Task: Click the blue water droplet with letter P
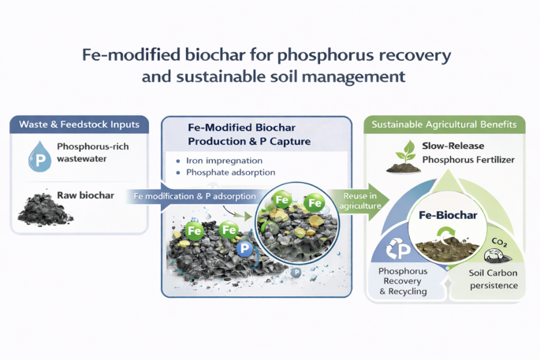[x=39, y=157]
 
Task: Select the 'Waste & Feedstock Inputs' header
[x=79, y=124]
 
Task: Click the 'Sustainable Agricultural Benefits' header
[x=444, y=124]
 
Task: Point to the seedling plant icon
[x=404, y=157]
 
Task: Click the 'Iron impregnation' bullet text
[x=224, y=161]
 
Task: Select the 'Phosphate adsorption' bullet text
[x=231, y=173]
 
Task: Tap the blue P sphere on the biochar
[x=245, y=248]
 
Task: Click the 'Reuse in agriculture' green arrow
[x=360, y=201]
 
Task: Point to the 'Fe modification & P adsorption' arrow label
[x=195, y=196]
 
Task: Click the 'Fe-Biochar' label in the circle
[x=448, y=215]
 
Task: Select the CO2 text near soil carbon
[x=499, y=243]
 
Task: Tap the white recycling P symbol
[x=398, y=249]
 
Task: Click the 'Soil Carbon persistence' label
[x=493, y=279]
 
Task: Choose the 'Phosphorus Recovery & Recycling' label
[x=403, y=281]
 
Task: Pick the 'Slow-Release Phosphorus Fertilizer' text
[x=468, y=153]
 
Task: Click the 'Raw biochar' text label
[x=85, y=195]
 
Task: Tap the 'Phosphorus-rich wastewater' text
[x=93, y=153]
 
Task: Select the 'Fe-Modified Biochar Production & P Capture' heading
[x=249, y=135]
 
